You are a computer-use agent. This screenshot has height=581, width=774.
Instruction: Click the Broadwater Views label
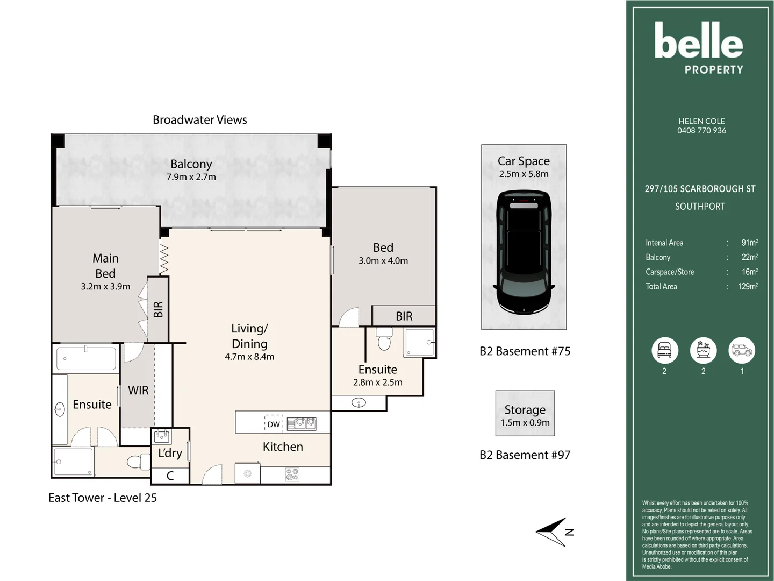(x=199, y=120)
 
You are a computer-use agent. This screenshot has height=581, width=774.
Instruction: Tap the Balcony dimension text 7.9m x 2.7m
(x=191, y=177)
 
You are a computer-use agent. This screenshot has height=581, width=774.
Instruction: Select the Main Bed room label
(x=105, y=266)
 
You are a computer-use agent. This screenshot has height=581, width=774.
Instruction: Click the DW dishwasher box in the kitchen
(x=274, y=424)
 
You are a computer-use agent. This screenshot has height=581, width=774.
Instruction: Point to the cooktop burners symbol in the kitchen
(x=292, y=474)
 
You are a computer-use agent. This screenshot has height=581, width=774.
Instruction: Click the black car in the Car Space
(x=524, y=252)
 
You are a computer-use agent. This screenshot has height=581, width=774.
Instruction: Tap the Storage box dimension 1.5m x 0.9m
(x=525, y=423)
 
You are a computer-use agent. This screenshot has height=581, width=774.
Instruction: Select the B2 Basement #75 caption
(x=525, y=351)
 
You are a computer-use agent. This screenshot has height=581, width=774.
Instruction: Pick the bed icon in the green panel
(x=664, y=350)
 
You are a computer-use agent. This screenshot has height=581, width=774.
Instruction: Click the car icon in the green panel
(x=742, y=350)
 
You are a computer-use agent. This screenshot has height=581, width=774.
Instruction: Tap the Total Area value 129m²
(x=748, y=287)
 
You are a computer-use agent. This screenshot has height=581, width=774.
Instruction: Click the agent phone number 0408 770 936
(x=701, y=131)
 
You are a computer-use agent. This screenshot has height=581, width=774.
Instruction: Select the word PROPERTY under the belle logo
(x=714, y=69)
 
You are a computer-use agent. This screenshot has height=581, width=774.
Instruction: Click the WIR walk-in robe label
(x=138, y=391)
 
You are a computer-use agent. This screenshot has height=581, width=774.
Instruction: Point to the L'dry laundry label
(x=170, y=453)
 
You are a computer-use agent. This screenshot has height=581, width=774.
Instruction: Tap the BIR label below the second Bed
(x=404, y=316)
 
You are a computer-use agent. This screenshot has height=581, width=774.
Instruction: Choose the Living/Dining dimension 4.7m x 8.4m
(x=249, y=357)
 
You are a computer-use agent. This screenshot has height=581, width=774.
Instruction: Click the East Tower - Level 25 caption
(x=103, y=498)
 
